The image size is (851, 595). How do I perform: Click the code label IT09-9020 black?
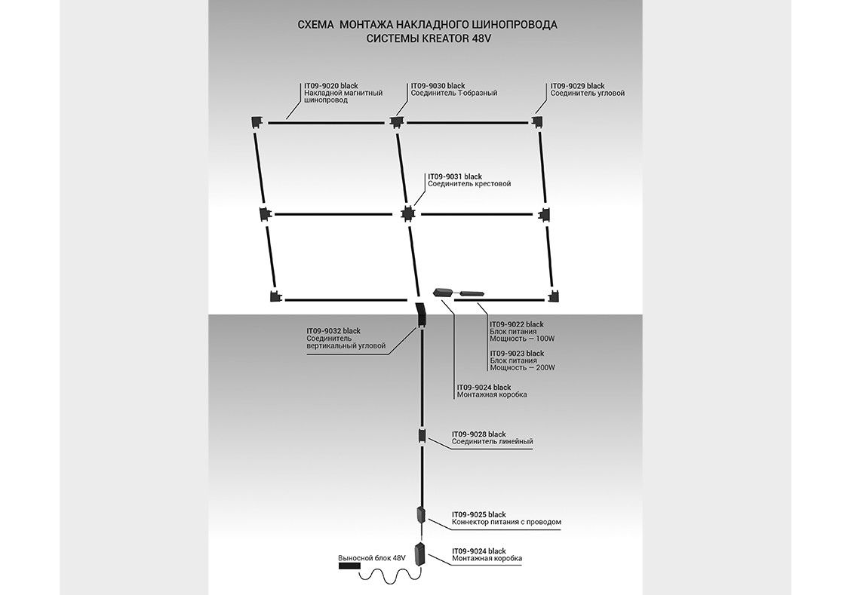pos(331,86)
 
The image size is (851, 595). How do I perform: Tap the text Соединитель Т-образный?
pos(453,94)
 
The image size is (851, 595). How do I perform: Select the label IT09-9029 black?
pos(577,86)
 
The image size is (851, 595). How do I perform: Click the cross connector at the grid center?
pos(407,213)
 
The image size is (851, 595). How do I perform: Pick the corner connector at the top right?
pos(537,121)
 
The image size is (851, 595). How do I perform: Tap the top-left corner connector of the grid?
pos(256,121)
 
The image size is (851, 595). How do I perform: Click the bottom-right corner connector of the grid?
pos(555,296)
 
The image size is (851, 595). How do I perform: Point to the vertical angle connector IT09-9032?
pos(420,312)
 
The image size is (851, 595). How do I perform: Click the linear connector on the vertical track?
pos(422,437)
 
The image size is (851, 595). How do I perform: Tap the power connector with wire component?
pos(422,516)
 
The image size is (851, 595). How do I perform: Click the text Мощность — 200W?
pos(522,368)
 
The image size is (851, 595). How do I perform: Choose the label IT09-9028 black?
pos(478,434)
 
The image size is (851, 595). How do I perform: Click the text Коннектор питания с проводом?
pos(505,522)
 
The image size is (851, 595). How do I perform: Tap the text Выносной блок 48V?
pos(371,557)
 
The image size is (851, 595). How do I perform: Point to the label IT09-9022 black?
pos(516,324)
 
